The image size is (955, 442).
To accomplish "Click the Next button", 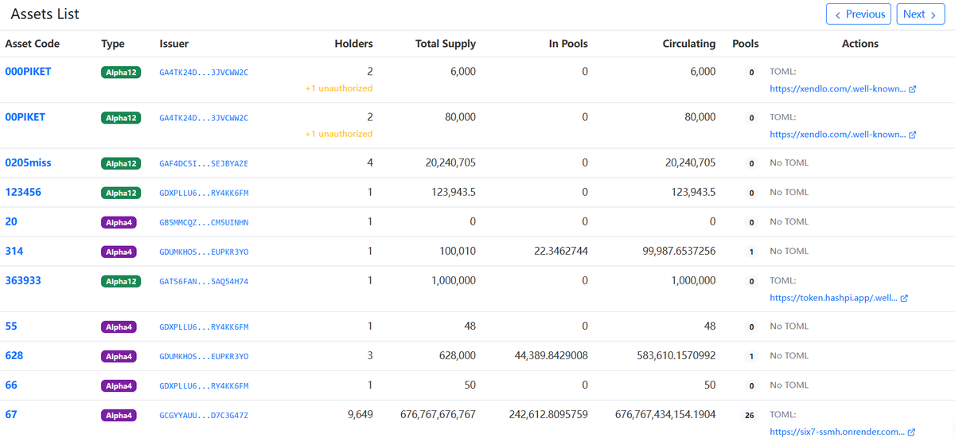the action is [921, 14].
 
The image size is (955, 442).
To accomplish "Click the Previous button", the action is [858, 14].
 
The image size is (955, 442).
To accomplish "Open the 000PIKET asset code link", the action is [28, 72].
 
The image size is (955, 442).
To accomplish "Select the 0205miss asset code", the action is [28, 163].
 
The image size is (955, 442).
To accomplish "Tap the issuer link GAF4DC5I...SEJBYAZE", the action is [204, 163].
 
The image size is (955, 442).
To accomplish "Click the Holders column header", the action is [353, 44].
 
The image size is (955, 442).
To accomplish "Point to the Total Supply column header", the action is [446, 44].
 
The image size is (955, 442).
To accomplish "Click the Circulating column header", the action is [689, 44].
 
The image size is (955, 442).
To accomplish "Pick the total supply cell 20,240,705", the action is [450, 163].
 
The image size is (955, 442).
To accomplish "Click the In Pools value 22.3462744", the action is [560, 252].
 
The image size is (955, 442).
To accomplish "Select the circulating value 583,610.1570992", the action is [676, 356].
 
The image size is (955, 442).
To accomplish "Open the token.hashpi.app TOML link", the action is [839, 298].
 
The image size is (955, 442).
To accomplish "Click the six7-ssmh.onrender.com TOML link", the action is [842, 432].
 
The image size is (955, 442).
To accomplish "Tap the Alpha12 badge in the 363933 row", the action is [121, 282].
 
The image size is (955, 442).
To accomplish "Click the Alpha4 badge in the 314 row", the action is [119, 252].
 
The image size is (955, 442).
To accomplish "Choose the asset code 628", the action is [14, 356].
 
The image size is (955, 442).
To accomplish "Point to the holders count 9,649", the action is [361, 415].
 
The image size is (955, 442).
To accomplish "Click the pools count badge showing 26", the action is [750, 416].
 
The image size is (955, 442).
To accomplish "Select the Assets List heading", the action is [45, 14].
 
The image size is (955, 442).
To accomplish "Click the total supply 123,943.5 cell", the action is [453, 193].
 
